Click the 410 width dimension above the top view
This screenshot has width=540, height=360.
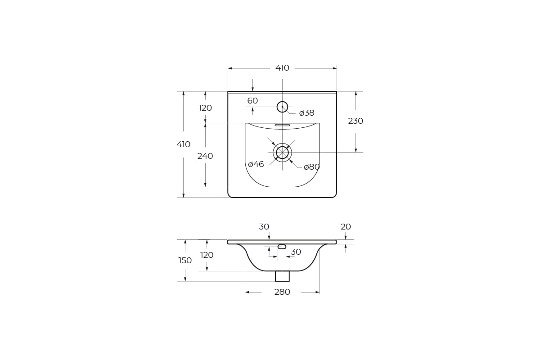[x=282, y=68]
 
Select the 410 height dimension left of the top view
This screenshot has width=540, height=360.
[x=184, y=144]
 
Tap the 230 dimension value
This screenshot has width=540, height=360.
[x=355, y=121]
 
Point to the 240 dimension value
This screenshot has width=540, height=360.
[x=205, y=156]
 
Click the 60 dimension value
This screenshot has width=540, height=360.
[x=252, y=100]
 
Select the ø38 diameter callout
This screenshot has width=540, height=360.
[x=306, y=113]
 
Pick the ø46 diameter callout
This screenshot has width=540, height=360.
[x=256, y=164]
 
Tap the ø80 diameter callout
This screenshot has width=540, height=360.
[x=312, y=167]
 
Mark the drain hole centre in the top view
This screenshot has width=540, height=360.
[x=282, y=153]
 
